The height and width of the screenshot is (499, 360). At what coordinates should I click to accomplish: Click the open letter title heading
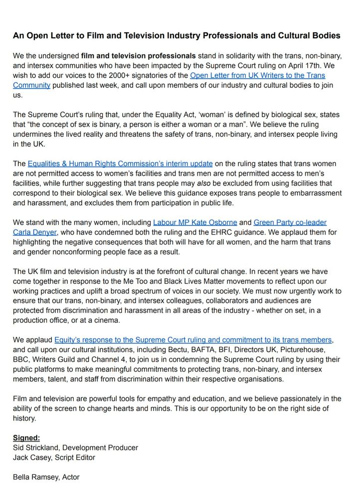pyautogui.click(x=177, y=36)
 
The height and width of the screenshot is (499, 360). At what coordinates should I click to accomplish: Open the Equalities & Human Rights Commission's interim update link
pyautogui.click(x=120, y=164)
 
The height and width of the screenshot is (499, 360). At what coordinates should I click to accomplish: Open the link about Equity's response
pyautogui.click(x=193, y=340)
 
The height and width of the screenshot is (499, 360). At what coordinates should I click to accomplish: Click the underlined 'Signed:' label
pyautogui.click(x=26, y=438)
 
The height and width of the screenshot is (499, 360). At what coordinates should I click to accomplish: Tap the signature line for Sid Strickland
pyautogui.click(x=75, y=448)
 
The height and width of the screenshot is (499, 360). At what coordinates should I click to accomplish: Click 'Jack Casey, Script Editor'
pyautogui.click(x=54, y=458)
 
